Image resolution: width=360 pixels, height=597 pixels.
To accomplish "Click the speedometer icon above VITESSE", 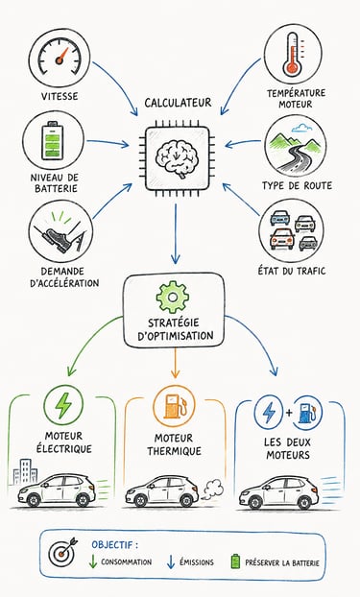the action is (60, 57).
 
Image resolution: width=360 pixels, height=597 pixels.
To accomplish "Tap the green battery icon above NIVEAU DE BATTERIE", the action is (52, 140).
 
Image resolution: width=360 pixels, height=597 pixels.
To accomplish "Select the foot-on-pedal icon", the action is (60, 232).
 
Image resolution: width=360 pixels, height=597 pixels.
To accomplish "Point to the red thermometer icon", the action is (293, 54).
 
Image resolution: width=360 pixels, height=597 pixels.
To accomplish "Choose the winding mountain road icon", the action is (295, 146).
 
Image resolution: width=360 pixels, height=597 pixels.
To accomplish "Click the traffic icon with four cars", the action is (293, 231).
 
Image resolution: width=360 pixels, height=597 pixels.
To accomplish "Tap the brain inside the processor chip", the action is (178, 158).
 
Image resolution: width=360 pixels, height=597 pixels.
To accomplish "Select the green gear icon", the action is (173, 297).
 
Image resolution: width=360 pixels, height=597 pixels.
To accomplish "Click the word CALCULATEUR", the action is (178, 103).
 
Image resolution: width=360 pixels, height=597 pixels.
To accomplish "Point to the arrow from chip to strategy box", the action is (176, 234).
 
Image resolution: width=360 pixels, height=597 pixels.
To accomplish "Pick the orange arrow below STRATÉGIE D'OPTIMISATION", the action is (175, 363).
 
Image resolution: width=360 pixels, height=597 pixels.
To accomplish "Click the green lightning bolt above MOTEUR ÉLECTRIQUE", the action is (63, 406).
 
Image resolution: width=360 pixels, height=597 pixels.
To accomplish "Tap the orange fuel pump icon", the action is (174, 406).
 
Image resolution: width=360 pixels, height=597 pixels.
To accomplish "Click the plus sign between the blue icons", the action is (289, 413).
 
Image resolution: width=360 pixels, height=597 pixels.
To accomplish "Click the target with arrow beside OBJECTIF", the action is (62, 554).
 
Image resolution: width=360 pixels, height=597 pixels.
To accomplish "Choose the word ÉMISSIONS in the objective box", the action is (197, 562).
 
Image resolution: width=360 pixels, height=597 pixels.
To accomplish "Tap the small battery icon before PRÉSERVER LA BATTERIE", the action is (236, 561).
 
